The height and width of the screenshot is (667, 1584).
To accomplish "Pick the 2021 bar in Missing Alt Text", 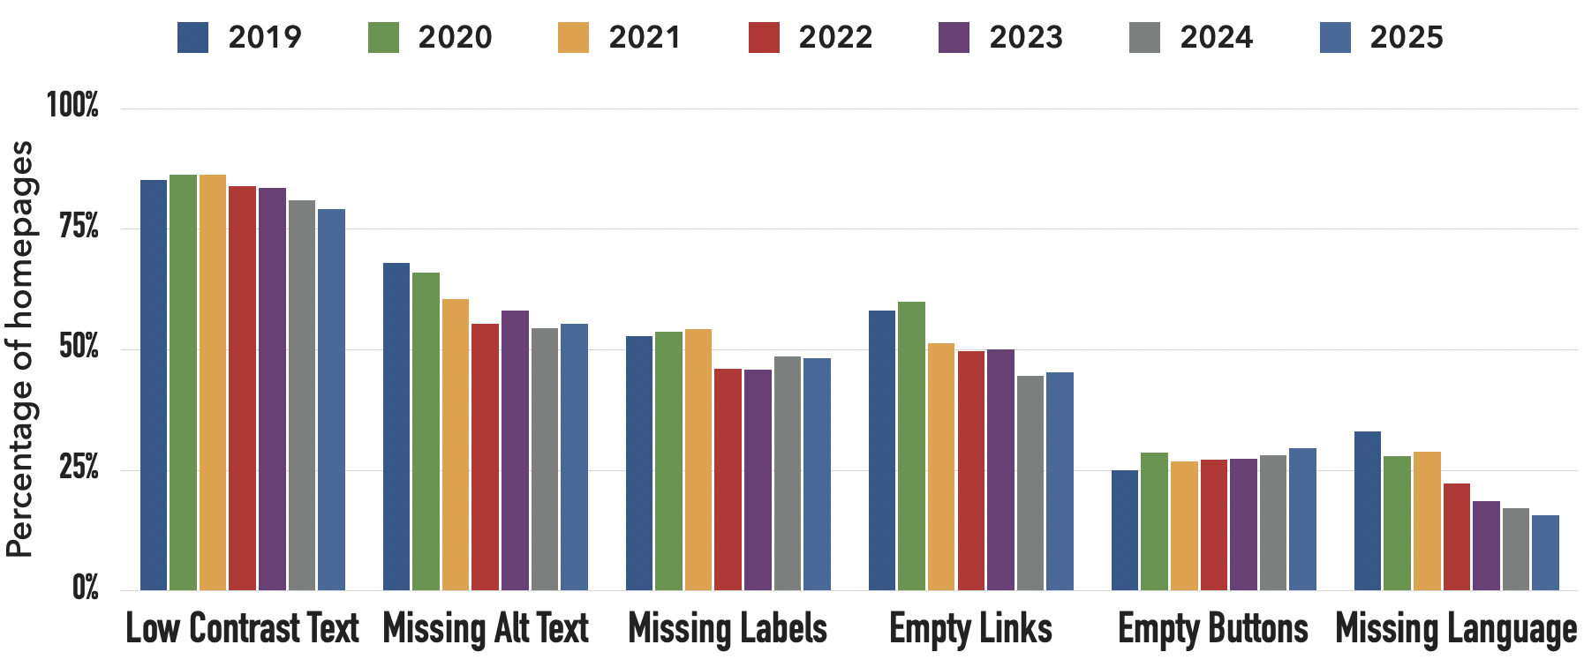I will [456, 445].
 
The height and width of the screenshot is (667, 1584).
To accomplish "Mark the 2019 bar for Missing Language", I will [1368, 511].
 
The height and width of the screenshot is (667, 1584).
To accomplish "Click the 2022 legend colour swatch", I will [764, 38].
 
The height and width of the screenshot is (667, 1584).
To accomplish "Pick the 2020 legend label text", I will [455, 38].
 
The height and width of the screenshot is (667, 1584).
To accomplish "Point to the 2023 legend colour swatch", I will [954, 38].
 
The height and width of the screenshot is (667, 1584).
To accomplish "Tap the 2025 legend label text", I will [1407, 38].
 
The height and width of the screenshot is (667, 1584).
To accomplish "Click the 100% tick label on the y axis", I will [72, 106].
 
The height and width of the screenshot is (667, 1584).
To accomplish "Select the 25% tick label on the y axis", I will [79, 468].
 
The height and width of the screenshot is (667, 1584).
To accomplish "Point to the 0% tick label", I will [85, 588].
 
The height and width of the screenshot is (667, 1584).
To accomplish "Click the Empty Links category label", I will [970, 629].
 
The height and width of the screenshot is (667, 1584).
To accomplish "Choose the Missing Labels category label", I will [728, 629].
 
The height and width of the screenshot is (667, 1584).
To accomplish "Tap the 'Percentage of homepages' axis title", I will [19, 348].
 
